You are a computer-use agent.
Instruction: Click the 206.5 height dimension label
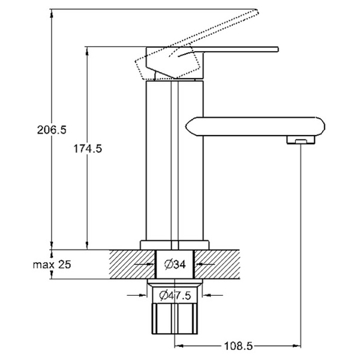(x=52, y=130)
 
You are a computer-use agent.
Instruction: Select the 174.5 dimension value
(x=88, y=149)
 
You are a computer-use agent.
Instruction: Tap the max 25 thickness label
(x=52, y=265)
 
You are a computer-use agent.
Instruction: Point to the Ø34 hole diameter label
(x=175, y=265)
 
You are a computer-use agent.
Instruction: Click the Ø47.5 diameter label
(x=175, y=295)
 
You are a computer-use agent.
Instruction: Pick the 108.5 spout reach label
(x=238, y=346)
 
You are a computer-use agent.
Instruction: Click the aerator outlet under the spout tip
(x=301, y=140)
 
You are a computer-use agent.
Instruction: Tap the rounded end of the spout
(x=321, y=127)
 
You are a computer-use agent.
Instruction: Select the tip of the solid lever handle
(x=278, y=49)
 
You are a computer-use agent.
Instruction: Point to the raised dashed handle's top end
(x=257, y=11)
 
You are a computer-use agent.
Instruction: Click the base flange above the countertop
(x=175, y=245)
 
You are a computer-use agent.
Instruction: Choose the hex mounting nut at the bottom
(x=175, y=319)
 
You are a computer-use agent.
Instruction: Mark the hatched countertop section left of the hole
(x=132, y=264)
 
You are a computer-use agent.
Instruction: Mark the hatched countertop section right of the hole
(x=217, y=264)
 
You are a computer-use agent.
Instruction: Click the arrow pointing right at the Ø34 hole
(x=144, y=265)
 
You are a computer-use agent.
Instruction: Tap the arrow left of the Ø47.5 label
(x=137, y=295)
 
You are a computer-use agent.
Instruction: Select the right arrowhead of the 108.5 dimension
(x=298, y=346)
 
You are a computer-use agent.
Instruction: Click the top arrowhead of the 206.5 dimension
(x=52, y=14)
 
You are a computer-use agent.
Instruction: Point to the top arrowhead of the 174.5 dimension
(x=87, y=52)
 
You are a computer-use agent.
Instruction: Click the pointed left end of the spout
(x=186, y=127)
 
